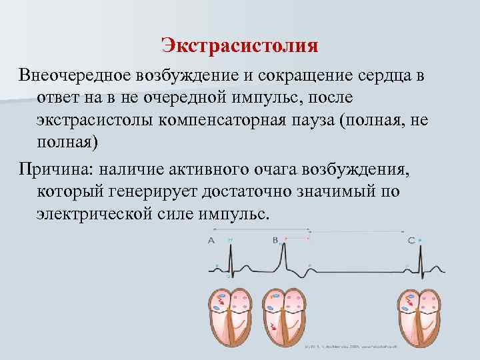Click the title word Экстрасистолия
(239, 46)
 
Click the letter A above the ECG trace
(211, 239)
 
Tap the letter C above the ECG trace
(411, 239)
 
